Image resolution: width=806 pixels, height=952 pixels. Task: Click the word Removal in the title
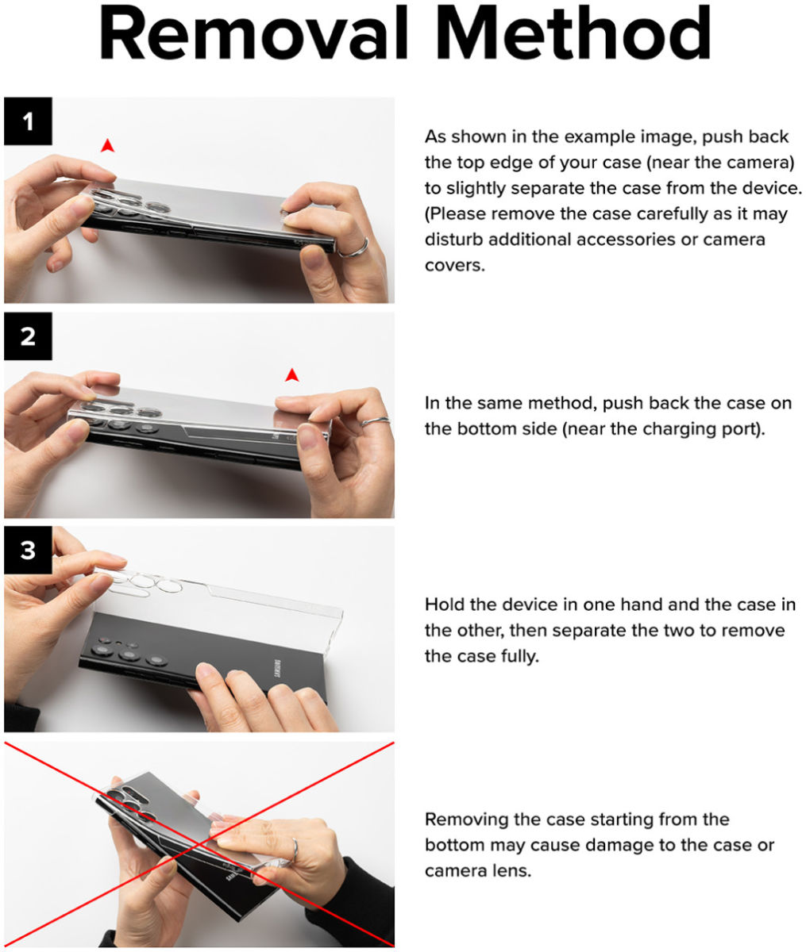253,33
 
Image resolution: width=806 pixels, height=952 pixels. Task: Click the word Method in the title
573,33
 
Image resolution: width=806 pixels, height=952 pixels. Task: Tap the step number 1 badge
28,121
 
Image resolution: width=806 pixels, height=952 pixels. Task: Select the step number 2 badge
28,336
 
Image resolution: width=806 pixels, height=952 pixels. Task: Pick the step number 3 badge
28,551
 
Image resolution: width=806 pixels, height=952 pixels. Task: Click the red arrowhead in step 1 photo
107,145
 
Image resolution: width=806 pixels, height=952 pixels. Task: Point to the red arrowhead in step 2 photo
292,375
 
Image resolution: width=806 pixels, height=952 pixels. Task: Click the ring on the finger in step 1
354,249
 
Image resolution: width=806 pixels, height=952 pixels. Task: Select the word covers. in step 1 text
455,265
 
